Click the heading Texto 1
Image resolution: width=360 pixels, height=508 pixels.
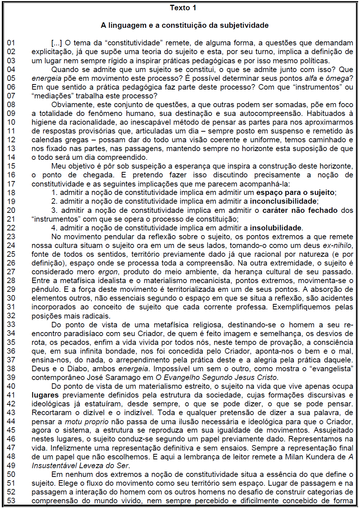pyautogui.click(x=183, y=8)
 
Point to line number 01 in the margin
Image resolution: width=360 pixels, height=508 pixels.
pyautogui.click(x=11, y=43)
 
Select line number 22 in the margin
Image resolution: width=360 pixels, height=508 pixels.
pyautogui.click(x=11, y=228)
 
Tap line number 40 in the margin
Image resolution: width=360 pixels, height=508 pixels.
pyautogui.click(x=11, y=386)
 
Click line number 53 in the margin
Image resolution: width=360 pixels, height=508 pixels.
pyautogui.click(x=11, y=501)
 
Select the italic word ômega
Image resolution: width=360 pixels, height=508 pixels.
pyautogui.click(x=337, y=78)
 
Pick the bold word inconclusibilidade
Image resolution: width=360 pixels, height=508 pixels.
pyautogui.click(x=283, y=201)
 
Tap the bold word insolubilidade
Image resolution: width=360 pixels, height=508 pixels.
pyautogui.click(x=276, y=228)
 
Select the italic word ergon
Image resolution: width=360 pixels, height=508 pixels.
pyautogui.click(x=108, y=272)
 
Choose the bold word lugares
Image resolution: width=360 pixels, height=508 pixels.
pyautogui.click(x=45, y=395)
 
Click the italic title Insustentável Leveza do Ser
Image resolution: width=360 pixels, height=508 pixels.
pyautogui.click(x=80, y=466)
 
